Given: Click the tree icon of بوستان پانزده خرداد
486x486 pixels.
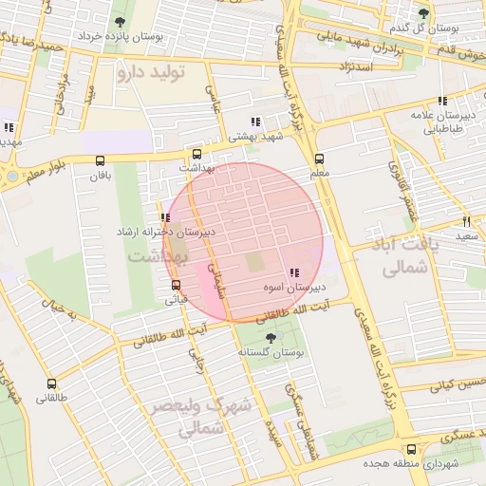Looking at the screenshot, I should (x=120, y=23).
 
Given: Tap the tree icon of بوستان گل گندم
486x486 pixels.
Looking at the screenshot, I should (x=423, y=13).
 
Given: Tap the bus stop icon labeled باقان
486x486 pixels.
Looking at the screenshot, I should (x=101, y=160).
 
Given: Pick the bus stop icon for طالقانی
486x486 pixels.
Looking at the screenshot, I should (x=51, y=384).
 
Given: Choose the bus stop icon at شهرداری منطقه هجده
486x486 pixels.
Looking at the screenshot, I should (x=410, y=449).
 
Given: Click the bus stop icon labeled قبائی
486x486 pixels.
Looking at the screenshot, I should (x=176, y=284).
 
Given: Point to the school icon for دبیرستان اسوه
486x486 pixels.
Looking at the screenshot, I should (x=292, y=271).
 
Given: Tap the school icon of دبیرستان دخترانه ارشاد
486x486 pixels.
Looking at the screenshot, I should (x=166, y=217).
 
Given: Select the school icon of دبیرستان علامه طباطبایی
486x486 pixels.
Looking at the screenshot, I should (x=442, y=101).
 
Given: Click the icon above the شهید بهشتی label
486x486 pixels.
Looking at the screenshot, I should (x=254, y=121).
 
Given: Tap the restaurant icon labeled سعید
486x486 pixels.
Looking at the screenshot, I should (x=466, y=220).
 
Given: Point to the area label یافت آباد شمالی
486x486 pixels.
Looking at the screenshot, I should (x=390, y=256).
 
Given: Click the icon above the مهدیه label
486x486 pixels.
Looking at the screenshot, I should (x=9, y=127).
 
